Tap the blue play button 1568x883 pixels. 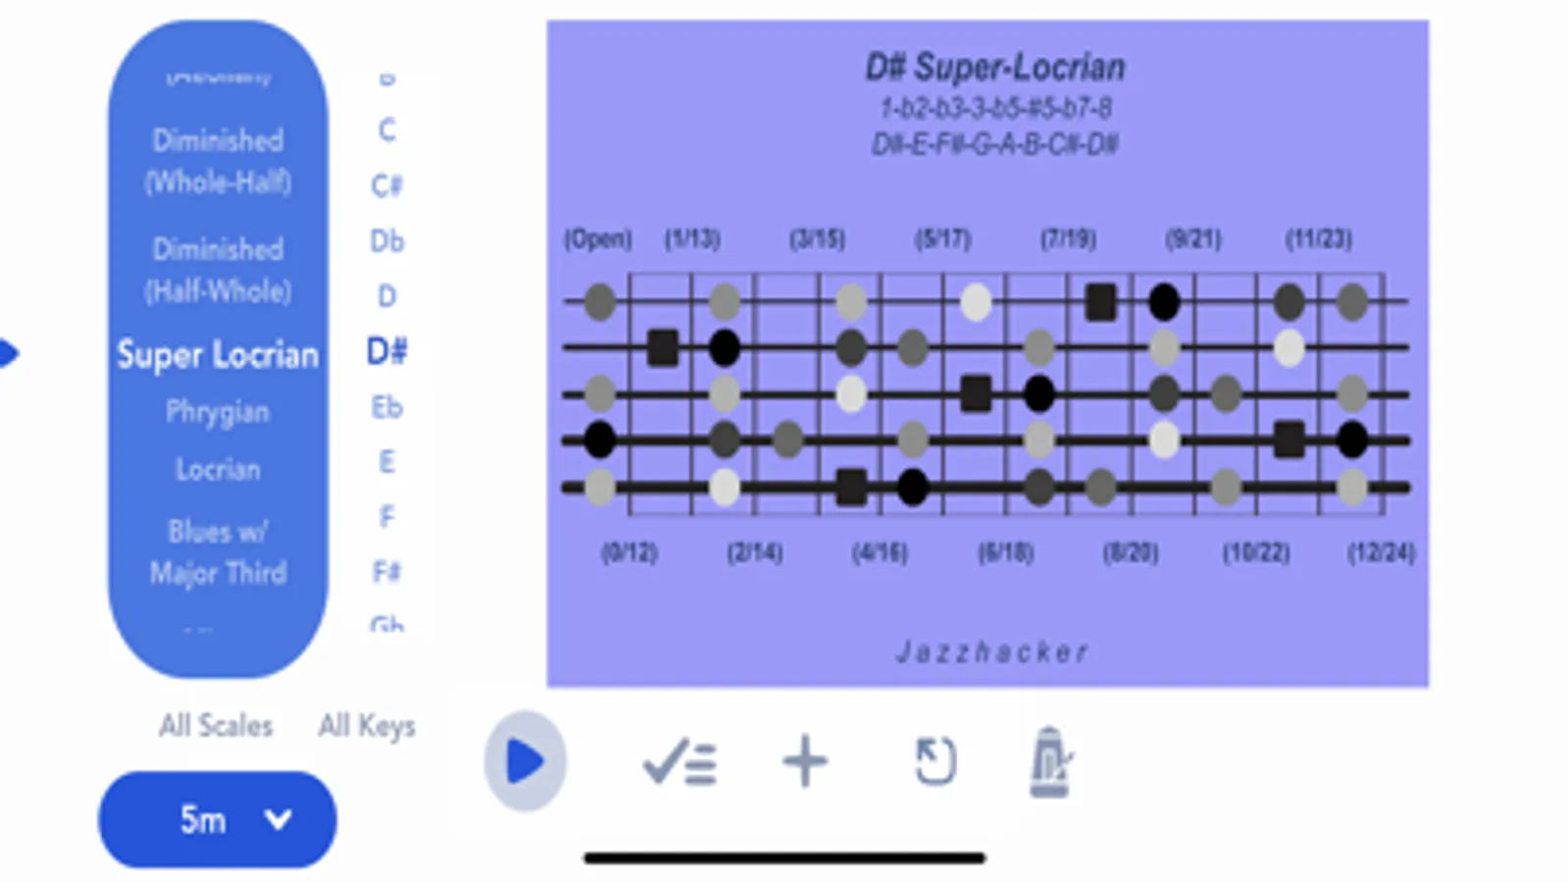click(x=525, y=761)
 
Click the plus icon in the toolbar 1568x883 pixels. click(x=804, y=761)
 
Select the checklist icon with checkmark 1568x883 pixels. click(x=679, y=761)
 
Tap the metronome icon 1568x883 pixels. click(x=1049, y=761)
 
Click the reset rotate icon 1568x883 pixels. click(x=934, y=761)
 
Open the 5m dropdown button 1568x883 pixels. click(x=217, y=819)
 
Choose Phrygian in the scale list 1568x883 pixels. click(x=217, y=412)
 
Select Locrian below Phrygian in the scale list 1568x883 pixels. click(x=218, y=469)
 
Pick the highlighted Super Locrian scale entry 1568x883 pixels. click(x=218, y=354)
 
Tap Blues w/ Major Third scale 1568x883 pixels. click(x=218, y=551)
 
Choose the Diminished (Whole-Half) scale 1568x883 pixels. click(x=218, y=161)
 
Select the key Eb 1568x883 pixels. click(x=386, y=407)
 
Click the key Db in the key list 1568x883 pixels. click(x=386, y=241)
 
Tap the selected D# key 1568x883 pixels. click(x=386, y=351)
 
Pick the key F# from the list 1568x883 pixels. click(x=386, y=571)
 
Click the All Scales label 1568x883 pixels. click(x=216, y=726)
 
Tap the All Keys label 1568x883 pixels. click(x=367, y=726)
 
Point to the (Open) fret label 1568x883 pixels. click(x=597, y=239)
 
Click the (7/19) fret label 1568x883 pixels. click(x=1068, y=239)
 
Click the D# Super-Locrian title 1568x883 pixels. click(x=994, y=68)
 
